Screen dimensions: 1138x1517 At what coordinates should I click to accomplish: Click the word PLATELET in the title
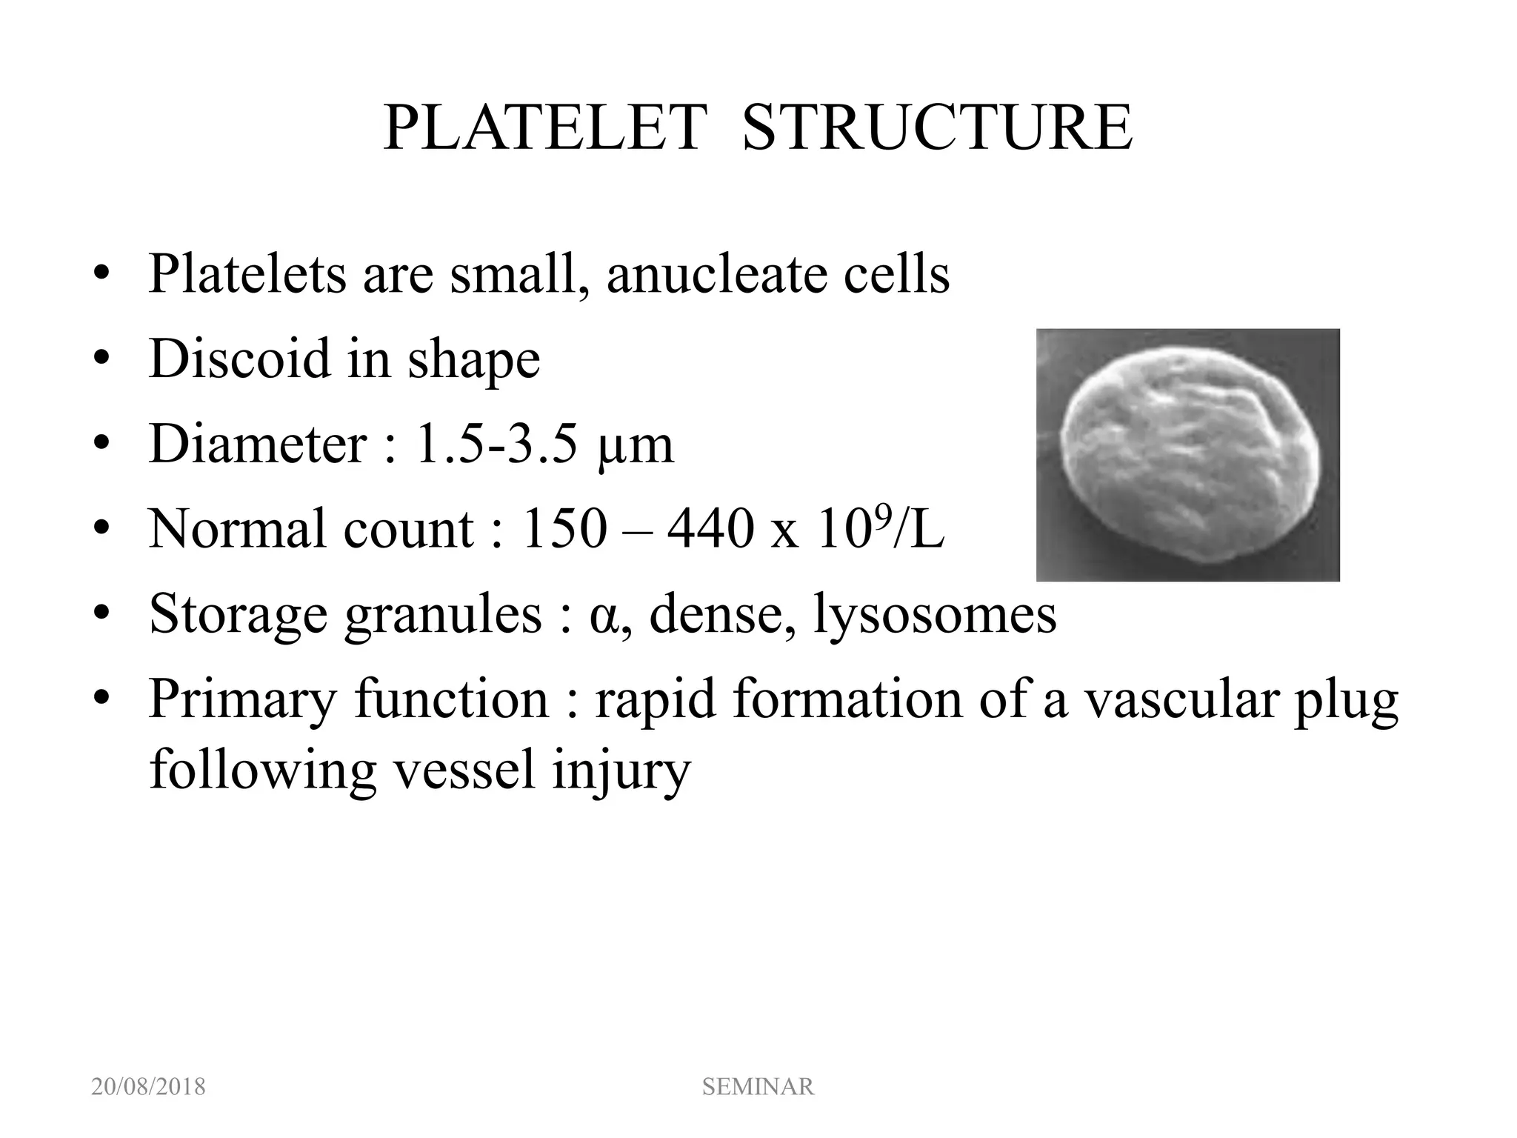pos(544,129)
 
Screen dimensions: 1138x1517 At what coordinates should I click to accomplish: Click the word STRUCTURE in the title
pos(937,129)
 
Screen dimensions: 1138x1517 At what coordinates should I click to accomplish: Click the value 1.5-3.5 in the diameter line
pos(496,445)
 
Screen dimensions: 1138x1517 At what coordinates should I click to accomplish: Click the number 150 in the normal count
pos(564,529)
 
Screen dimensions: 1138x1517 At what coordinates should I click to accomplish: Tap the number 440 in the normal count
pos(710,529)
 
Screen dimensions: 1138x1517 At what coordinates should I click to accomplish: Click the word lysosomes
pos(934,615)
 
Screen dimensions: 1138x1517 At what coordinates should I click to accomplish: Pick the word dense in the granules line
pos(715,614)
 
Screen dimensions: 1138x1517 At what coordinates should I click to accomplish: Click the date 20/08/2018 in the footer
pos(148,1087)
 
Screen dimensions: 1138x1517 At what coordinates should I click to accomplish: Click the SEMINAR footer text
pos(758,1087)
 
